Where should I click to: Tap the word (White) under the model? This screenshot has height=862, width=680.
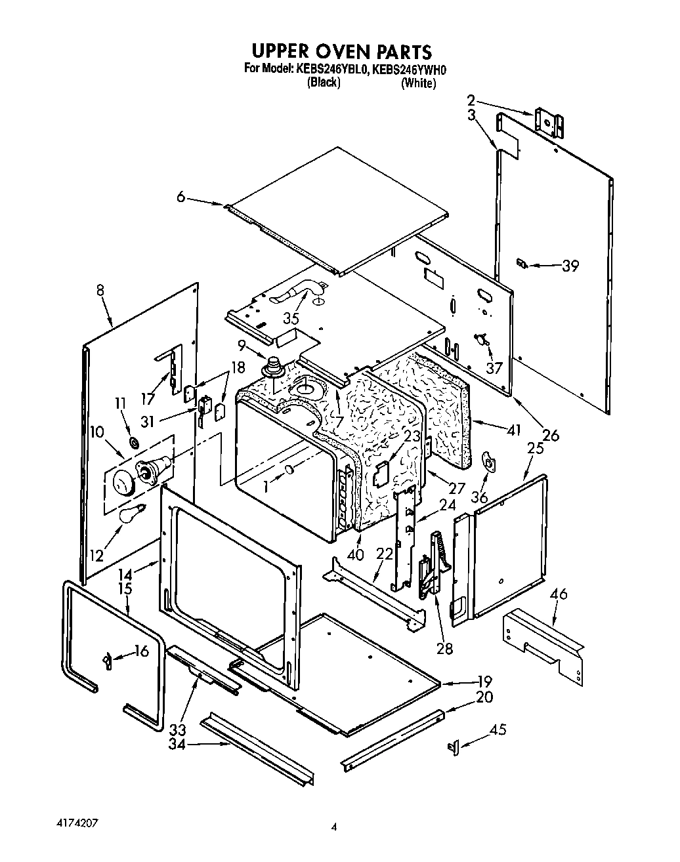click(418, 83)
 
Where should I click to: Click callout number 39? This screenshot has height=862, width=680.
click(570, 266)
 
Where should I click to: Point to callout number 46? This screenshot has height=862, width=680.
click(559, 595)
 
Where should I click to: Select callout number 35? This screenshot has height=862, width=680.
click(291, 318)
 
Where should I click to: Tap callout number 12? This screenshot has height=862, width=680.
click(97, 555)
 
